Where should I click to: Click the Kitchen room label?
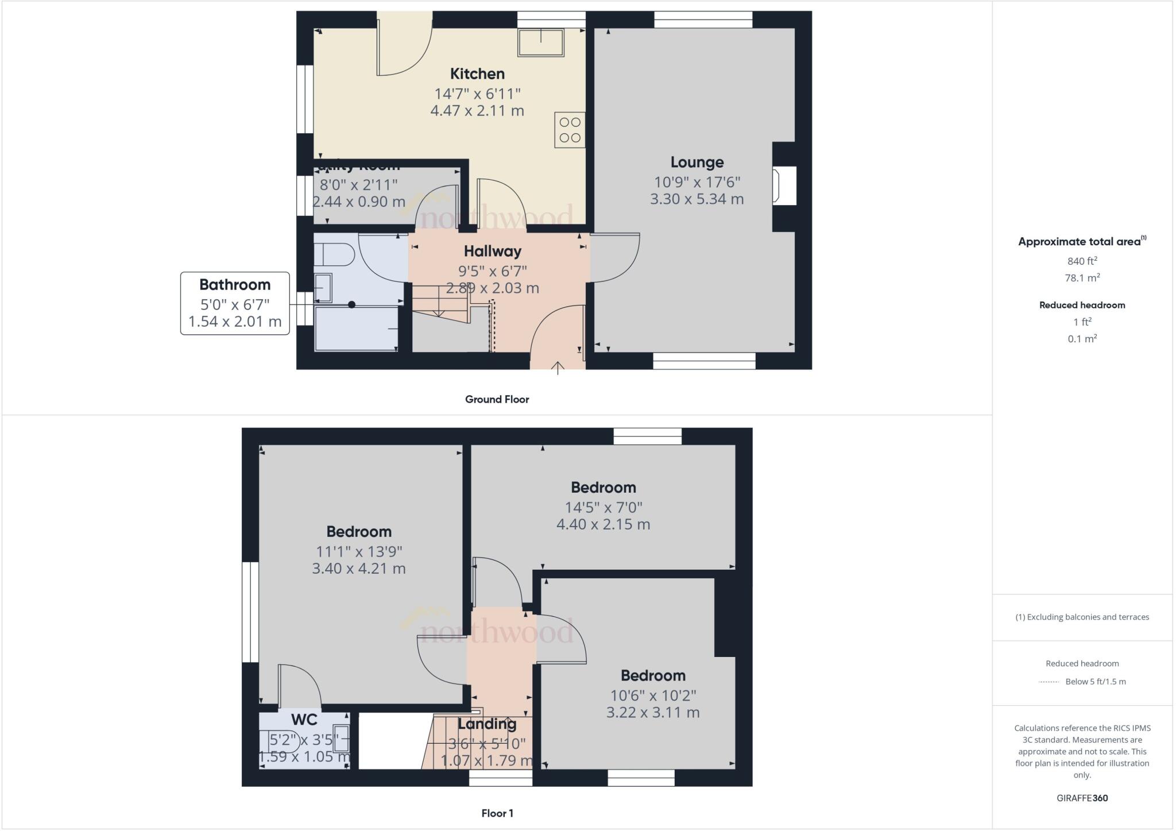coord(477,74)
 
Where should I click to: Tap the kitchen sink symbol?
coord(540,42)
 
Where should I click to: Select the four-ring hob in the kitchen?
coord(570,130)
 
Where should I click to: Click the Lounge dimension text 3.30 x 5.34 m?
coord(697,199)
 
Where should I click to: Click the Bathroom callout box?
coord(235,303)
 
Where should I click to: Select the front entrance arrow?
coord(558,367)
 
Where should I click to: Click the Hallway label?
coord(493,251)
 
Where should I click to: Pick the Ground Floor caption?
coord(497,399)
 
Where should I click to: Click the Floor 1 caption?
coord(497,813)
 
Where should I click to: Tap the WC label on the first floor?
coord(304,720)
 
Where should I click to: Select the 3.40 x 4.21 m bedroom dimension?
coord(359,569)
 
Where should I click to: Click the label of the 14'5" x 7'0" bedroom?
coord(603,488)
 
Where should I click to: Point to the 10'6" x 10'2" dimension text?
coord(653,695)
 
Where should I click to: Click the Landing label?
coord(487,724)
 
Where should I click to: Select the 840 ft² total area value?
coord(1082,261)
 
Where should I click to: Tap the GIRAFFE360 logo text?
coord(1082,798)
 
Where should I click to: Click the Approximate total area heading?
coord(1080,242)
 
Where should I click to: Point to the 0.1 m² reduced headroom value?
coord(1082,339)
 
